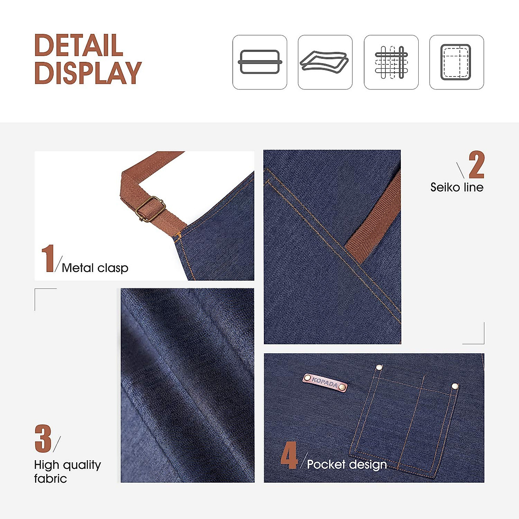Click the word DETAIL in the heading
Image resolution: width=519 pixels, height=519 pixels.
[78, 45]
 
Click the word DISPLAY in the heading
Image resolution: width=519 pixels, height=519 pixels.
[88, 73]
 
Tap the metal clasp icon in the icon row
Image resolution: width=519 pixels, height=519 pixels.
[260, 62]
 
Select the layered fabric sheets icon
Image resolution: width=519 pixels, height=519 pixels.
[325, 62]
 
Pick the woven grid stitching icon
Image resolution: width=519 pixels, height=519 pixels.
[391, 62]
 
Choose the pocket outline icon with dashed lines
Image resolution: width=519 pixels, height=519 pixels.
[456, 62]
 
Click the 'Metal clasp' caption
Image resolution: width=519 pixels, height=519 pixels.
[95, 268]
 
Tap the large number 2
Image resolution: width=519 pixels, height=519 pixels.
[476, 165]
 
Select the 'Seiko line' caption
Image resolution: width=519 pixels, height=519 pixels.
[457, 187]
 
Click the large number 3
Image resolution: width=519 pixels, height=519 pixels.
[43, 439]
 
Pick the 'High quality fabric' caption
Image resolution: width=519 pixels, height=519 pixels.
[67, 471]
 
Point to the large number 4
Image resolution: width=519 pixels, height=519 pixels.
[288, 456]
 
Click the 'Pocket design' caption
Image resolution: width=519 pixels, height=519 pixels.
[346, 465]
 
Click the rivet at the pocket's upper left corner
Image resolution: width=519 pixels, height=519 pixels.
[379, 367]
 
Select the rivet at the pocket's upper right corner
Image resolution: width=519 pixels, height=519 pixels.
[455, 386]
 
